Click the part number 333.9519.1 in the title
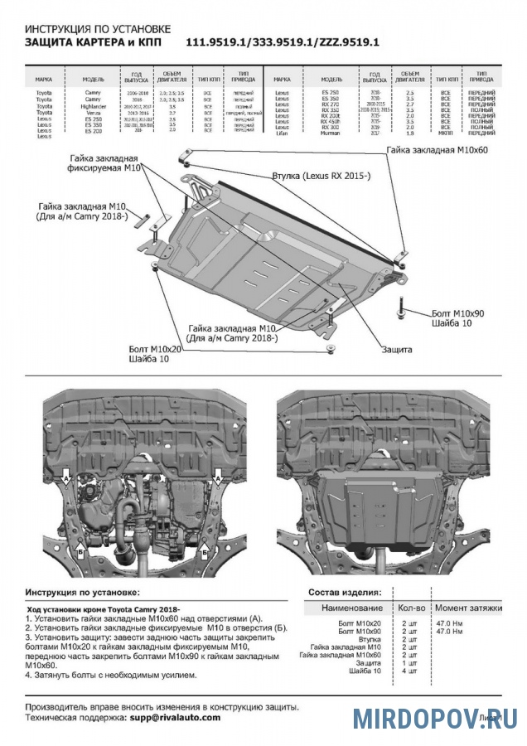coord(282,42)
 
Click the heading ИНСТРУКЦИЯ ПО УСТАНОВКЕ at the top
coord(98,27)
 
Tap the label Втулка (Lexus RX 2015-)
coord(322,177)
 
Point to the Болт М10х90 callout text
coord(457,313)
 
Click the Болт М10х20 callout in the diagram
coord(155,350)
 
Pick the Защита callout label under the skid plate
coord(397,350)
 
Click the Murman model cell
coord(330,133)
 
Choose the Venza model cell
coord(93,113)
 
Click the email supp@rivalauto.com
coord(175,717)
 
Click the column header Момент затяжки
coord(468,608)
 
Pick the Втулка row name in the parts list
coord(370,638)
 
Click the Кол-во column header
coord(409,608)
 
